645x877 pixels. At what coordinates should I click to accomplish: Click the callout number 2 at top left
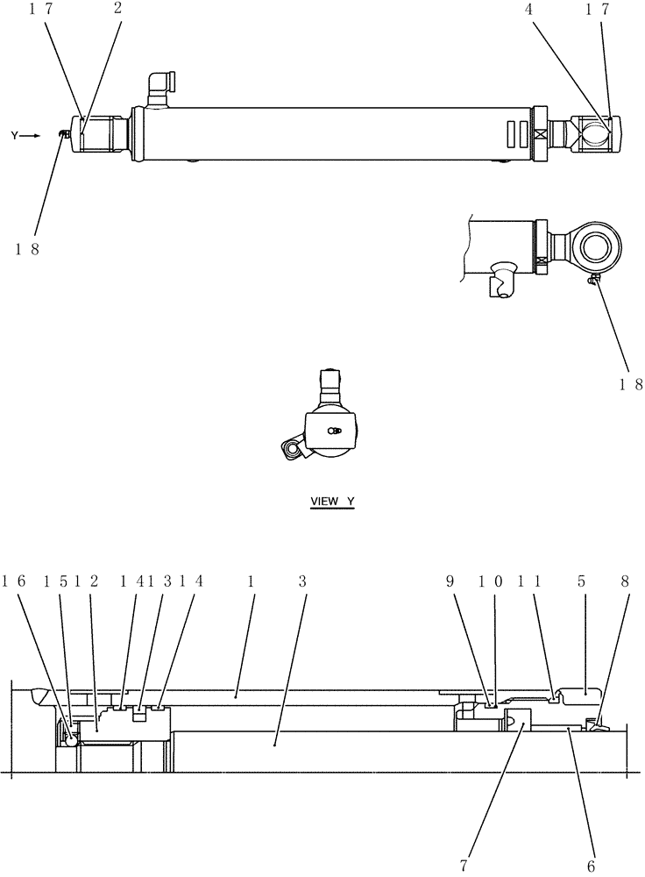[117, 10]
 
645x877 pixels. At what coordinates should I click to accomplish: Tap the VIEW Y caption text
[332, 502]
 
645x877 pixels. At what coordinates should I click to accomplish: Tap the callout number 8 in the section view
[623, 581]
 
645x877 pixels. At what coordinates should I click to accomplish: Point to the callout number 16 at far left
[15, 581]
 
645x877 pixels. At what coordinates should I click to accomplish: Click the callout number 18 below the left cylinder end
[26, 248]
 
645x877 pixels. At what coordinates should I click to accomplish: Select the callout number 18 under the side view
[631, 383]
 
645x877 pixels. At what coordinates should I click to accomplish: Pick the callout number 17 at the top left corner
[39, 10]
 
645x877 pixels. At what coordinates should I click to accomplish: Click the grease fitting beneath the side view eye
[593, 280]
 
